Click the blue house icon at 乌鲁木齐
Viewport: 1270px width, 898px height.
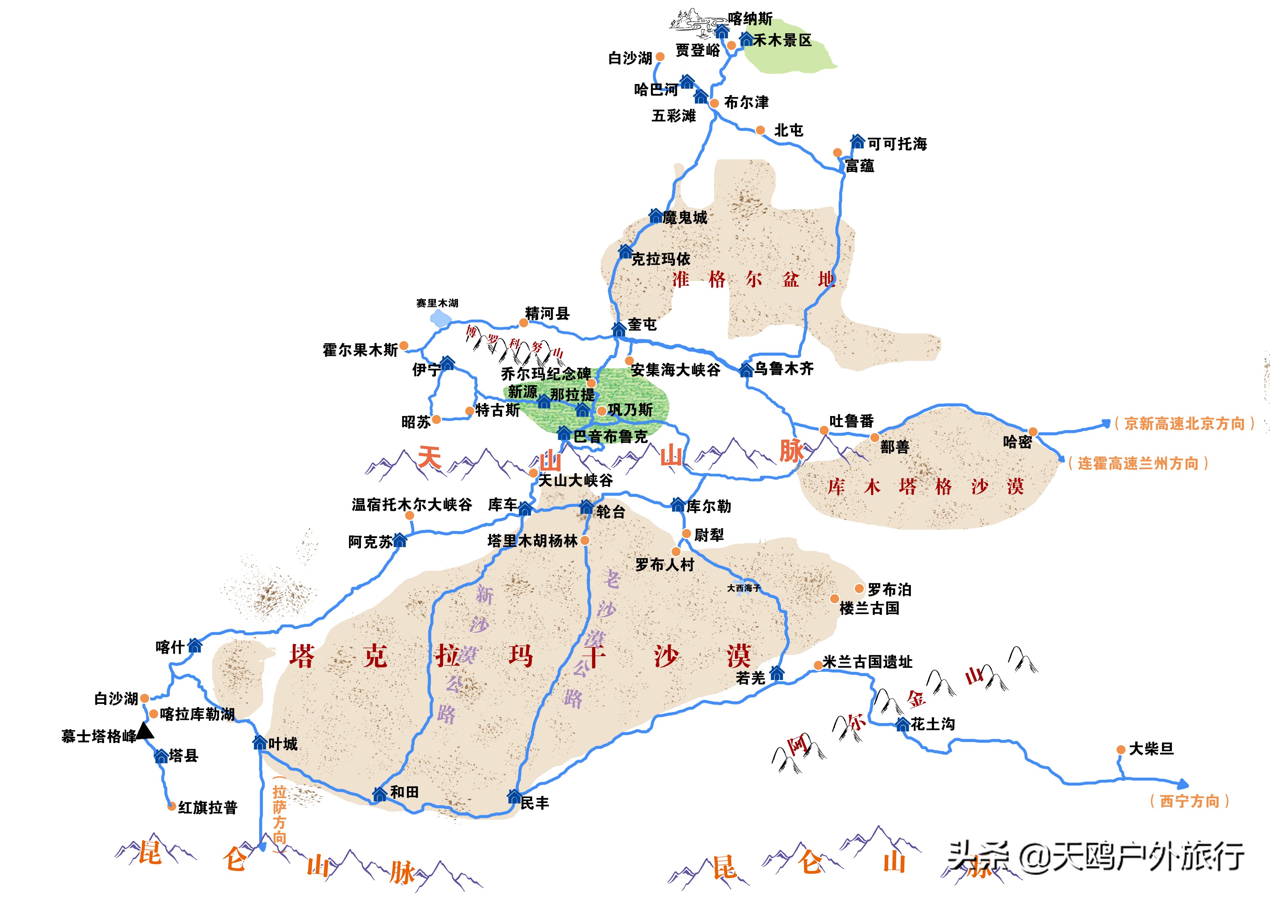746,370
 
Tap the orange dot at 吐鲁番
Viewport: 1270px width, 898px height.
824,430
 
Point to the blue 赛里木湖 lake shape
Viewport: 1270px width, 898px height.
440,318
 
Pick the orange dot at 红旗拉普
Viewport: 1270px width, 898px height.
172,806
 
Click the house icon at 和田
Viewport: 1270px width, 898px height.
379,794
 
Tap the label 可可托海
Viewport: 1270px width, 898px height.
897,144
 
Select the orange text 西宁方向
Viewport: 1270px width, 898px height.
1189,801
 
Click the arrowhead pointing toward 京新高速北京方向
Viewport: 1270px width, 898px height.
1106,423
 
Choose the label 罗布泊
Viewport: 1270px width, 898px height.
889,589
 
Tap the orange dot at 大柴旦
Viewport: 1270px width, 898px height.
1120,750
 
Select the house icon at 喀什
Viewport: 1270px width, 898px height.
195,645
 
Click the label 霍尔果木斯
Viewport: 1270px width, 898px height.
360,350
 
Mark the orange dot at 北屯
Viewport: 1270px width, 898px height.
761,130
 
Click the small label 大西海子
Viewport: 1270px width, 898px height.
743,588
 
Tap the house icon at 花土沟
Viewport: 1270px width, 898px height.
902,724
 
